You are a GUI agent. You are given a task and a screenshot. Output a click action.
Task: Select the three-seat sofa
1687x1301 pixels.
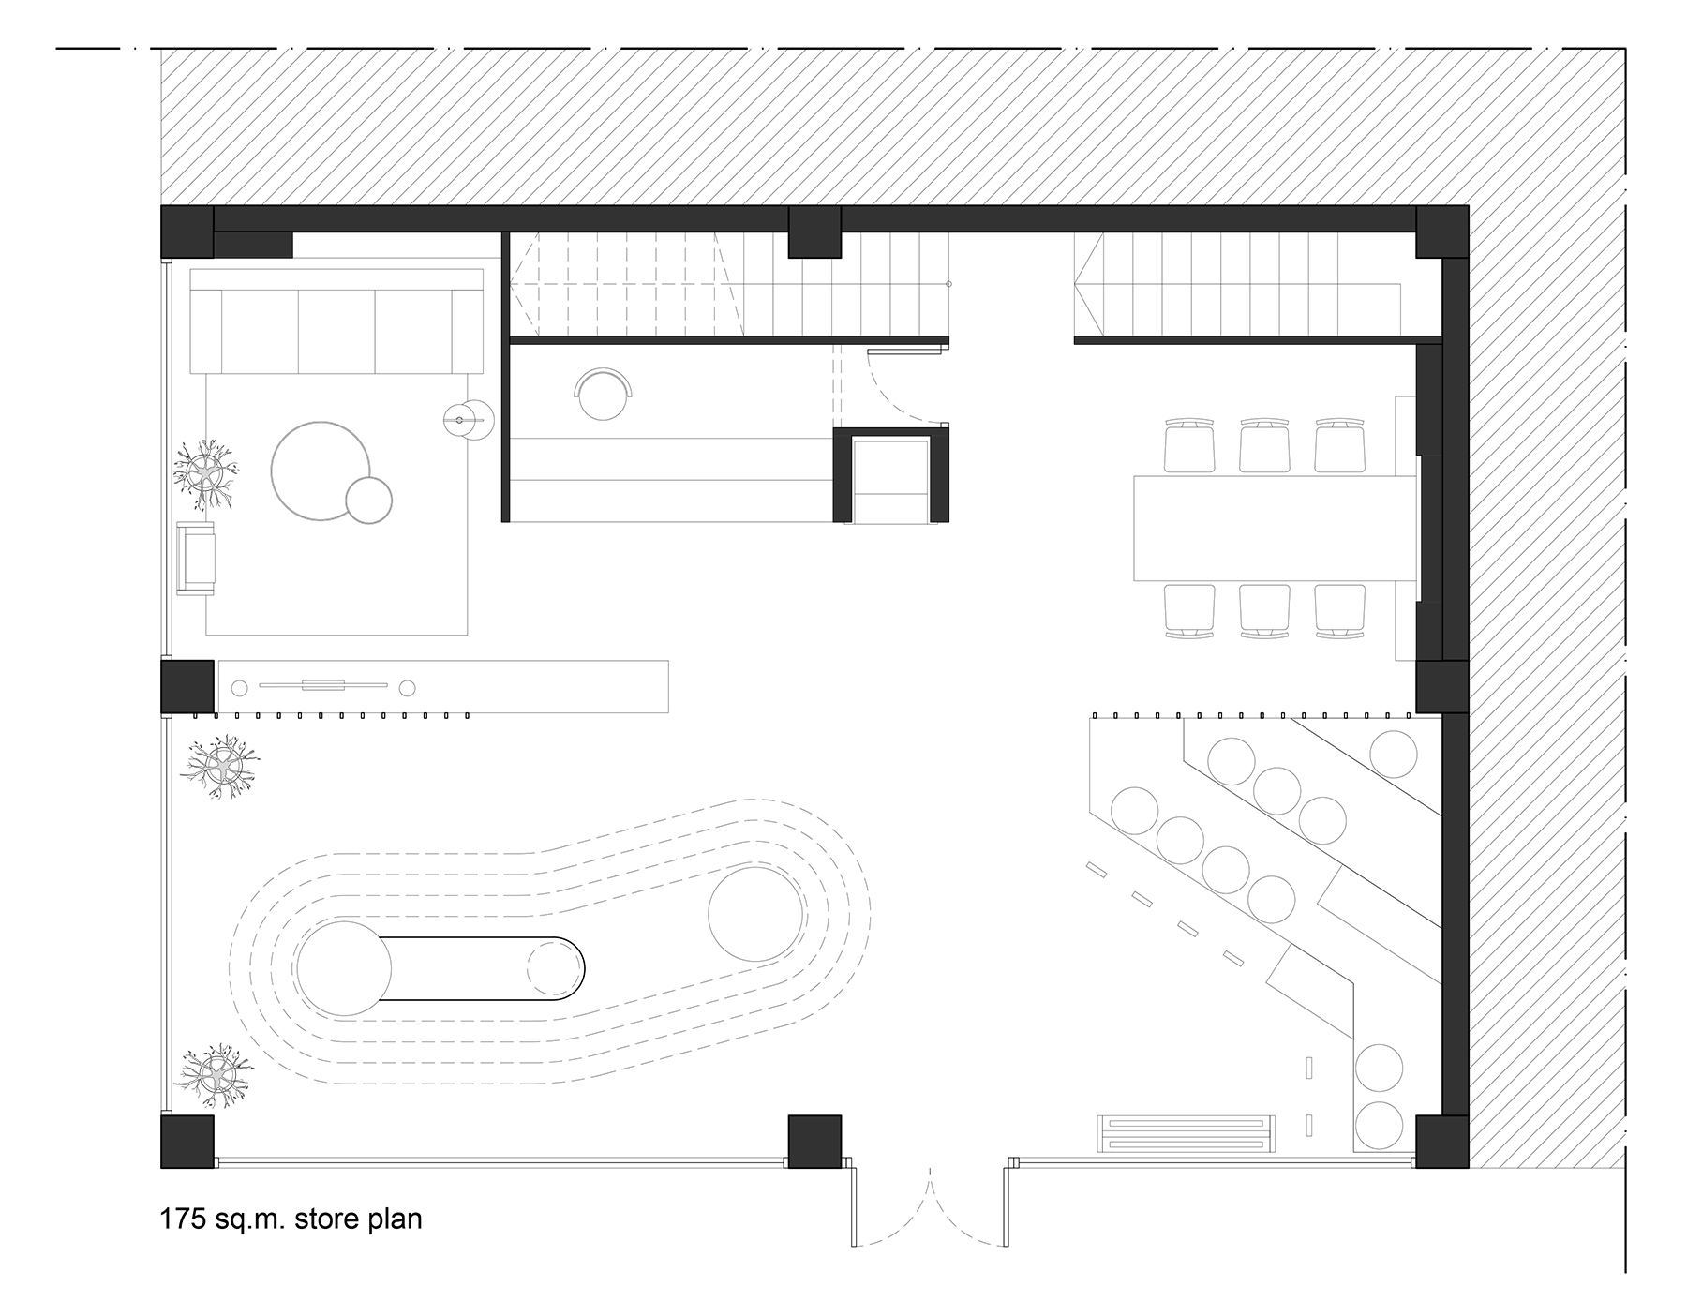coord(336,322)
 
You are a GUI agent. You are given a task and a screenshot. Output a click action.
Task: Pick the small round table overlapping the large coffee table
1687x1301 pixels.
coord(368,500)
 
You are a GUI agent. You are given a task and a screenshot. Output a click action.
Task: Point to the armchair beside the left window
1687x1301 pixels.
coord(196,558)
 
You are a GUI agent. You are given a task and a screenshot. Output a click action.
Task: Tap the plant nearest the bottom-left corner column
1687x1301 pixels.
coord(216,1075)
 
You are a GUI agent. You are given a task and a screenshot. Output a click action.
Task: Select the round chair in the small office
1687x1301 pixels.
coord(605,394)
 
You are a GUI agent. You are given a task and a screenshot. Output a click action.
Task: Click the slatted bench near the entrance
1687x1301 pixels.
coord(1187,1134)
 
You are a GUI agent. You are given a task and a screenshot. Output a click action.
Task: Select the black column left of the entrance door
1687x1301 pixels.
coord(814,1142)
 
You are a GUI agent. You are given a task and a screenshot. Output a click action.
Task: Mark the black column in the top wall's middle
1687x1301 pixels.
coord(814,232)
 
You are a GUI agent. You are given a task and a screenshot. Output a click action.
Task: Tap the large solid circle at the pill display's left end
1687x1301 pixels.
coord(344,969)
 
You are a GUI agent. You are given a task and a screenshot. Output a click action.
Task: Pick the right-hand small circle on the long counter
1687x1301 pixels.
coord(407,689)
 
